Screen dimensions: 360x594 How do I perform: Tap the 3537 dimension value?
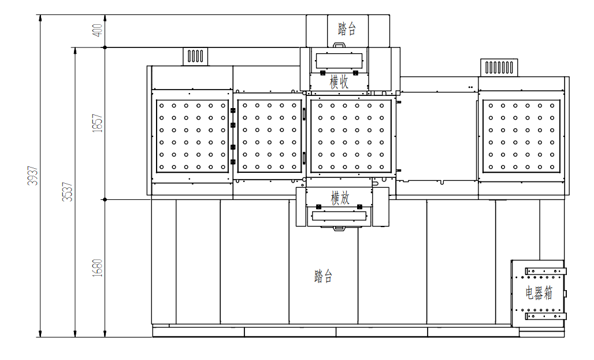(x=68, y=192)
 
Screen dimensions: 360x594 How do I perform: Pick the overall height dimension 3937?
(x=33, y=176)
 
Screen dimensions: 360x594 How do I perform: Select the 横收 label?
(x=339, y=81)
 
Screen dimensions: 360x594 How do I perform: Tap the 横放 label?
(x=340, y=198)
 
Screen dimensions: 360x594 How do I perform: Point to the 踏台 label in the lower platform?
(x=324, y=276)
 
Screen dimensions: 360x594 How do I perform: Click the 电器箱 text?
(x=539, y=293)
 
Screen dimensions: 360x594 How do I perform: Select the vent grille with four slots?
(x=196, y=57)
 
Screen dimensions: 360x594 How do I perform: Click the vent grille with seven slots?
(x=498, y=67)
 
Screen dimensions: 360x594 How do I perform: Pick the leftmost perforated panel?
(x=192, y=136)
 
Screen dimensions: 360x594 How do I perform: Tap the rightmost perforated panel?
(x=521, y=136)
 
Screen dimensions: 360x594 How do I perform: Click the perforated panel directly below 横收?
(x=351, y=136)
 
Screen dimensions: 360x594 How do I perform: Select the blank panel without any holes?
(x=437, y=136)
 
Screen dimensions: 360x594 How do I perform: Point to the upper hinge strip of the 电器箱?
(x=545, y=271)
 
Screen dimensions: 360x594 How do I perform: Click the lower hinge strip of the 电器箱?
(x=545, y=316)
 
